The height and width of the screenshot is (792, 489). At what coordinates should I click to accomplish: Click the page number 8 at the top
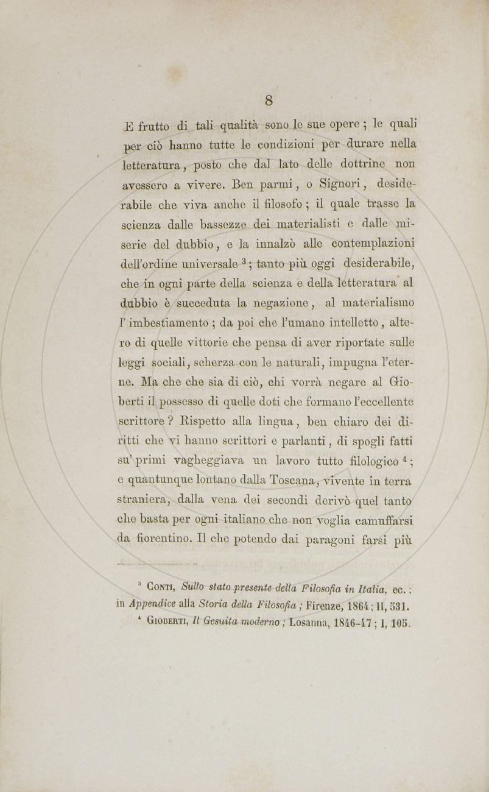pyautogui.click(x=268, y=101)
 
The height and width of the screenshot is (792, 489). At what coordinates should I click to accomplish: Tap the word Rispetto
pyautogui.click(x=200, y=422)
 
